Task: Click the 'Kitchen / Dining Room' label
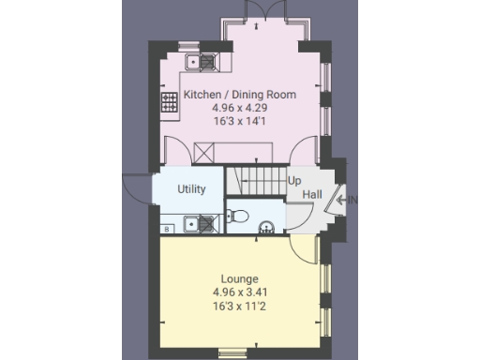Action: tap(239, 95)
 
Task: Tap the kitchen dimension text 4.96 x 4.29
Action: tap(239, 108)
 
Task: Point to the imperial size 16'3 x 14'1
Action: tap(239, 121)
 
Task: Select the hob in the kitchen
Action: tap(171, 101)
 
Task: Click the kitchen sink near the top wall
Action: tap(203, 63)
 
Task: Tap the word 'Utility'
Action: tap(191, 189)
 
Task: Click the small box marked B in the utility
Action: tap(167, 228)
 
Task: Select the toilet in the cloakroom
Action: tap(239, 217)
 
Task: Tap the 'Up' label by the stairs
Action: tap(294, 180)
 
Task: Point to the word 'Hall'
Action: tap(312, 194)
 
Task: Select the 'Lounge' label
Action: tap(239, 278)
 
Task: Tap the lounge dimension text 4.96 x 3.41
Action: tap(239, 292)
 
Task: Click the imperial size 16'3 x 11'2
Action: tap(239, 305)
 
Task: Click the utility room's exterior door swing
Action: tap(138, 187)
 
